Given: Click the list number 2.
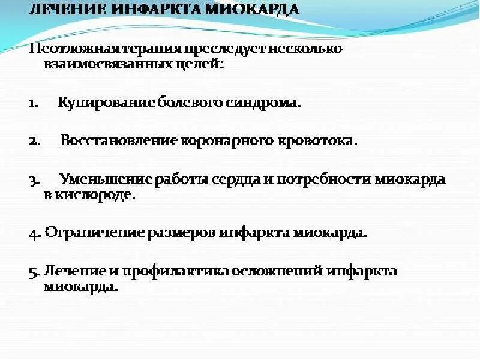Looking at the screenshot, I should [33, 142].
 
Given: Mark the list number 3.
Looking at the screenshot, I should [33, 180].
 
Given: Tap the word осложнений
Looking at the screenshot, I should [278, 271].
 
